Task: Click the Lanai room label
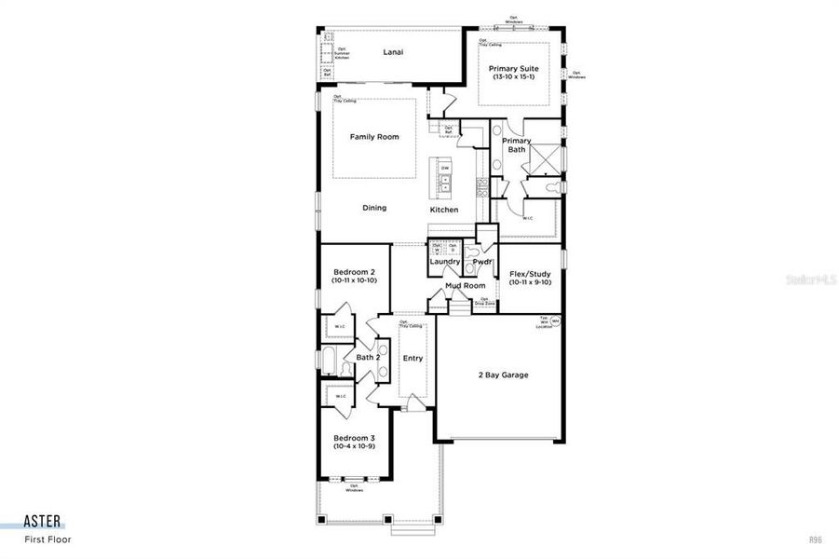tap(393, 52)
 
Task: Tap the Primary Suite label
tap(514, 69)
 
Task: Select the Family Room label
tap(374, 137)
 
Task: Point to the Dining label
tap(374, 209)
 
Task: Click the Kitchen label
tap(444, 210)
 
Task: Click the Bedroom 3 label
tap(354, 438)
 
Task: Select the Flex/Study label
tap(530, 274)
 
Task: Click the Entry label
tap(413, 359)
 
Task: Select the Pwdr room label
tap(481, 262)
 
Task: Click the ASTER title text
tap(44, 523)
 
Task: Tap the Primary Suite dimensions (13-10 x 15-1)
tap(514, 78)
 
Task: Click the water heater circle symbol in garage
tap(555, 321)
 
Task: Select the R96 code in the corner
tap(816, 539)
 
